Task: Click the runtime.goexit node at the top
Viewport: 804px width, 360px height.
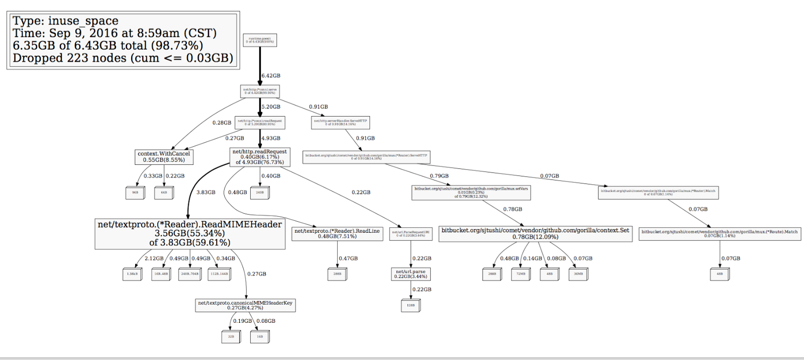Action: pyautogui.click(x=260, y=40)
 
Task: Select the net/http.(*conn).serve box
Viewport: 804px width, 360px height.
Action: pyautogui.click(x=260, y=91)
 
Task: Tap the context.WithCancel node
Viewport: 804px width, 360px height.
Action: pyautogui.click(x=164, y=157)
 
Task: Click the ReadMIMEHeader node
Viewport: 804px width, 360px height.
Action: pyautogui.click(x=190, y=233)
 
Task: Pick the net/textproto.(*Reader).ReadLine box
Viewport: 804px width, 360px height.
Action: pyautogui.click(x=337, y=234)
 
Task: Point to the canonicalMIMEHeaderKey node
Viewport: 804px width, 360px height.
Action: pyautogui.click(x=245, y=305)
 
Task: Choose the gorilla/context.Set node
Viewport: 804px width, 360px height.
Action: pyautogui.click(x=535, y=233)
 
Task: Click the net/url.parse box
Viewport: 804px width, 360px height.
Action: pyautogui.click(x=411, y=274)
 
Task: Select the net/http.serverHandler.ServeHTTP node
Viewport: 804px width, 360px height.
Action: pyautogui.click(x=340, y=122)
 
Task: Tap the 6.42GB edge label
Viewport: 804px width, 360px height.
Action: pyautogui.click(x=271, y=76)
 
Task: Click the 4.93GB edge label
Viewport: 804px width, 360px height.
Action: pyautogui.click(x=271, y=138)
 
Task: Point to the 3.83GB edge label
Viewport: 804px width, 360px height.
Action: pyautogui.click(x=206, y=193)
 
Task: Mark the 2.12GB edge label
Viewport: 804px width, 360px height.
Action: pyautogui.click(x=154, y=258)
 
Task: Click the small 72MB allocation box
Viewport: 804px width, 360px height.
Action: pyautogui.click(x=521, y=274)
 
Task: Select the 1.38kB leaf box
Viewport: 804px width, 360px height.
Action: pyautogui.click(x=132, y=274)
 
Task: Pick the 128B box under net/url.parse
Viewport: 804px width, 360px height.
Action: pyautogui.click(x=411, y=305)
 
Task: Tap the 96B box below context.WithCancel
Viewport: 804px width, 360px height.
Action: pyautogui.click(x=135, y=193)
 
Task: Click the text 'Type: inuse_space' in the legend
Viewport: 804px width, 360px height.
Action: pyautogui.click(x=65, y=21)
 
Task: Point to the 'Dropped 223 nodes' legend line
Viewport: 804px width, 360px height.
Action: pyautogui.click(x=123, y=58)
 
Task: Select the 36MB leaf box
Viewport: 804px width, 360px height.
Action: pyautogui.click(x=578, y=274)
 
